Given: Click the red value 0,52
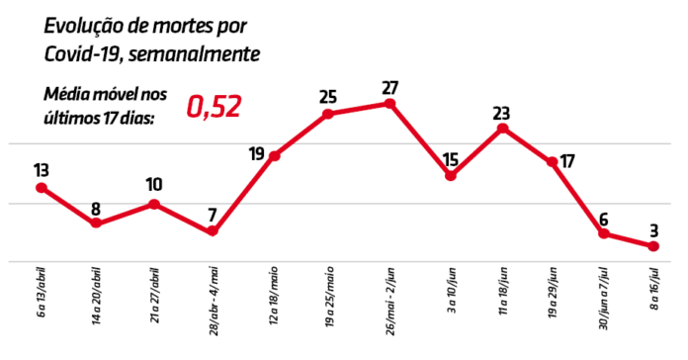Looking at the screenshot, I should [215, 107].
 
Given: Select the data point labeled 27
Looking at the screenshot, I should [390, 103].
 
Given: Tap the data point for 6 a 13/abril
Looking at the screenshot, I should [41, 188].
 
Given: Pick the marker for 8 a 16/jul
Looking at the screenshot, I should [653, 246].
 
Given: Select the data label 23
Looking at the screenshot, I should [503, 112].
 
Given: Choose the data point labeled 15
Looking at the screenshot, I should [450, 176].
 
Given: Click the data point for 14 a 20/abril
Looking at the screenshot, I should [96, 224].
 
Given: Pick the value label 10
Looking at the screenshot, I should [154, 185].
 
